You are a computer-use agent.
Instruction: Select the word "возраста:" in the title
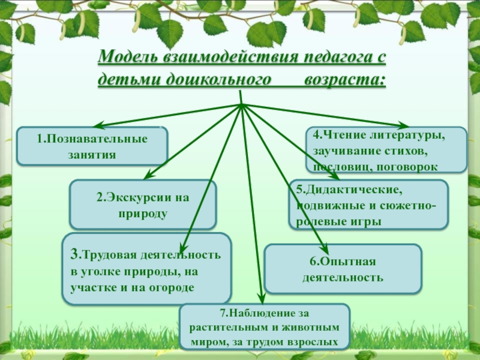click(344, 79)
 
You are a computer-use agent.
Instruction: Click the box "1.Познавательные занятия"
click(92, 146)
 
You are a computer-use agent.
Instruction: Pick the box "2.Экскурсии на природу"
click(143, 205)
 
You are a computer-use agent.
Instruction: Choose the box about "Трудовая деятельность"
click(146, 269)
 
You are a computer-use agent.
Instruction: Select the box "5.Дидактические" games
click(368, 205)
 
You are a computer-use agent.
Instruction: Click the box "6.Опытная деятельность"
click(343, 269)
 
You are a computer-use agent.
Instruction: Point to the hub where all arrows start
click(241, 106)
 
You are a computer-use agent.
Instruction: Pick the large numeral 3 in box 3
click(74, 254)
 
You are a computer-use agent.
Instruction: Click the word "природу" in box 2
click(143, 213)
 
